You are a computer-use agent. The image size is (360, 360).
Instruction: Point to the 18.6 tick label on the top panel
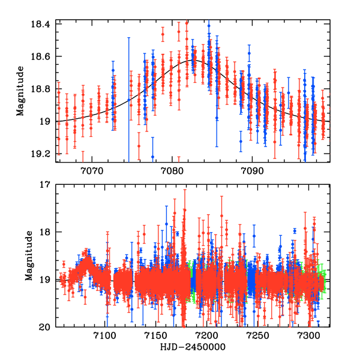pyautogui.click(x=43, y=56)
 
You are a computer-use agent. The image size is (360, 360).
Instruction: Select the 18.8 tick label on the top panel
pyautogui.click(x=43, y=89)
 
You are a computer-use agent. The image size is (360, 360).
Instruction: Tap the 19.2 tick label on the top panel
pyautogui.click(x=43, y=154)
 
